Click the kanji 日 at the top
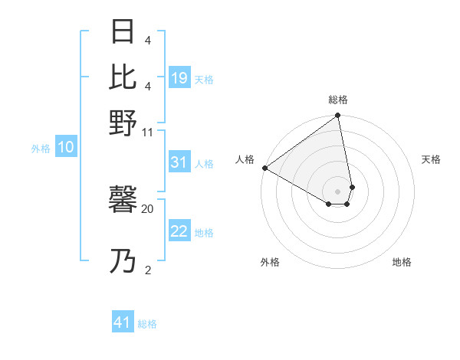point(123,33)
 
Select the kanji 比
point(123,77)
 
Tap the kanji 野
point(123,123)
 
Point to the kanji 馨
point(123,201)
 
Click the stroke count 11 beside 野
point(147,132)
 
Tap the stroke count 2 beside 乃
point(147,270)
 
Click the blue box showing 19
point(179,78)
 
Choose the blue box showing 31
point(179,162)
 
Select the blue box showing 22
point(179,232)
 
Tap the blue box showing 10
point(65,148)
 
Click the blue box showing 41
point(123,322)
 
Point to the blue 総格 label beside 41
point(147,324)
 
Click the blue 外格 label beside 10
point(41,149)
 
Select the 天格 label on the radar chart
point(431,159)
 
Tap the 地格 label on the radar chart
point(402,262)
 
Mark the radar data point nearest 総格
point(338,116)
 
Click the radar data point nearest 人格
point(264,168)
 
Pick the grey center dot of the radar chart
point(338,191)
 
